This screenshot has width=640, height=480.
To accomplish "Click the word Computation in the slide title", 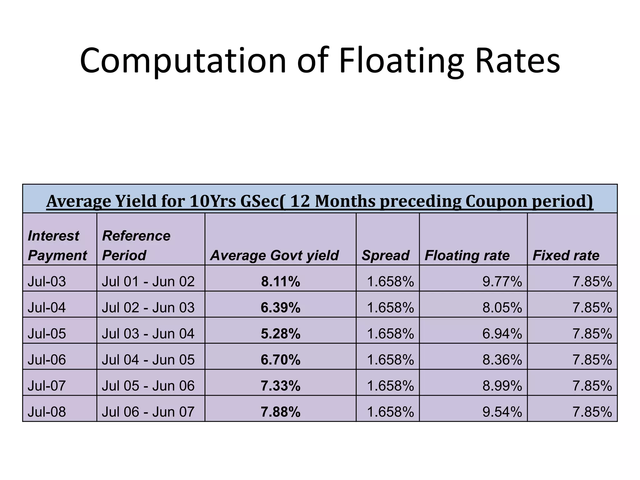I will (x=183, y=61).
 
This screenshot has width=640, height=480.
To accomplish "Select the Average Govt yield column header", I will (x=274, y=255).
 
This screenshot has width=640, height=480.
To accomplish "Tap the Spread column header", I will (x=385, y=255).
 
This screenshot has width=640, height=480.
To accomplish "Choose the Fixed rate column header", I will (x=566, y=255).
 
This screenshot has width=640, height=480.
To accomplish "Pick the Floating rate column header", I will (x=467, y=255).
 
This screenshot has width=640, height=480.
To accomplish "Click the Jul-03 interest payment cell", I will (x=47, y=282).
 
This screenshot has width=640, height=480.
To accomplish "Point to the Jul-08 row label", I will (x=47, y=412).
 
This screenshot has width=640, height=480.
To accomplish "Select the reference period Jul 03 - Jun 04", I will (x=148, y=334).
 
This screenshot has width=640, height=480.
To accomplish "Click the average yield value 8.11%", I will (x=281, y=282).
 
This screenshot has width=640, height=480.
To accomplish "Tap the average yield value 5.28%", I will (x=281, y=334).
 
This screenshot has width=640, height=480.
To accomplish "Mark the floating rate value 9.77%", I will (x=502, y=282).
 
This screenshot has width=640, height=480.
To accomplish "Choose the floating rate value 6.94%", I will (x=502, y=334).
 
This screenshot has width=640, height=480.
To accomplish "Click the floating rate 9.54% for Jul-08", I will (x=502, y=412).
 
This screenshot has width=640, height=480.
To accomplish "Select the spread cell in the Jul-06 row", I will (x=390, y=360).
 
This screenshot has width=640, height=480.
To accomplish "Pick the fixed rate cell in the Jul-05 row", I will (x=592, y=334).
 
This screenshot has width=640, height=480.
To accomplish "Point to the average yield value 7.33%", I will (x=281, y=386).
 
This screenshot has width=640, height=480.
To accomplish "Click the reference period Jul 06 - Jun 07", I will (x=148, y=412).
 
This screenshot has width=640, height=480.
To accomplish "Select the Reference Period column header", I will (x=136, y=246).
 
